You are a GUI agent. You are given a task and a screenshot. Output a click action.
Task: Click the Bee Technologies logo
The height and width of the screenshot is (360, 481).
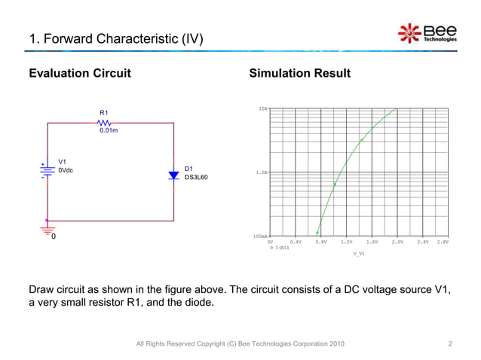pyautogui.click(x=426, y=34)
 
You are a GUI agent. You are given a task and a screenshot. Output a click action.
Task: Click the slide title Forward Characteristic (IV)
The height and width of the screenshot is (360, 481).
pyautogui.click(x=115, y=38)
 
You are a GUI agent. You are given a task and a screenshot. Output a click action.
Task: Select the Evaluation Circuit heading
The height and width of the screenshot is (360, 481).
pyautogui.click(x=80, y=74)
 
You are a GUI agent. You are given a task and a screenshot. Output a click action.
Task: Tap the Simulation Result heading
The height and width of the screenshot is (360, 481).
pyautogui.click(x=299, y=74)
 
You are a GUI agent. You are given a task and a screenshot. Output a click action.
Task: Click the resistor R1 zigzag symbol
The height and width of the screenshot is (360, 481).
pyautogui.click(x=105, y=123)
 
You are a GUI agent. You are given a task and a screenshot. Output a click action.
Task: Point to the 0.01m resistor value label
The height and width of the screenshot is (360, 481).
pyautogui.click(x=109, y=131)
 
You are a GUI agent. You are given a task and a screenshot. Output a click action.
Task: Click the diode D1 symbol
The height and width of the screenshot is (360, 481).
pyautogui.click(x=174, y=175)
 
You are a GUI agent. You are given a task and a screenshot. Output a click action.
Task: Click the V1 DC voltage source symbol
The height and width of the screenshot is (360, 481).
pyautogui.click(x=47, y=170)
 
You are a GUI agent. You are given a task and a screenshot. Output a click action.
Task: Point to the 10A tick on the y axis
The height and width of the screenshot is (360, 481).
pyautogui.click(x=262, y=109)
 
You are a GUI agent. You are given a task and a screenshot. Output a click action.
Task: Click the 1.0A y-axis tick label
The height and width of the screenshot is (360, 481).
pyautogui.click(x=261, y=172)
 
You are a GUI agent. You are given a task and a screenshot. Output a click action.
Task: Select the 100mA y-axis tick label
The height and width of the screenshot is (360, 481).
pyautogui.click(x=259, y=236)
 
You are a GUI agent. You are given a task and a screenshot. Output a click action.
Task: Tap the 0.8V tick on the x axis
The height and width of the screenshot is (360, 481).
pyautogui.click(x=321, y=242)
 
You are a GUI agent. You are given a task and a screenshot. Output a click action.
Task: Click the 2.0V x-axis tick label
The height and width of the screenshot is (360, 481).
pyautogui.click(x=397, y=242)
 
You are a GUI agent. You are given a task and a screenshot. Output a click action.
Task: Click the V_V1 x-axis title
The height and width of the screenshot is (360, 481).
pyautogui.click(x=359, y=254)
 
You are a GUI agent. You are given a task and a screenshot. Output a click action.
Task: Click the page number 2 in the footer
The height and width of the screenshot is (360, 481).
pyautogui.click(x=449, y=344)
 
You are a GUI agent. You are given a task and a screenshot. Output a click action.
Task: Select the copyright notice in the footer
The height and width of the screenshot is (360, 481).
pyautogui.click(x=240, y=344)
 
